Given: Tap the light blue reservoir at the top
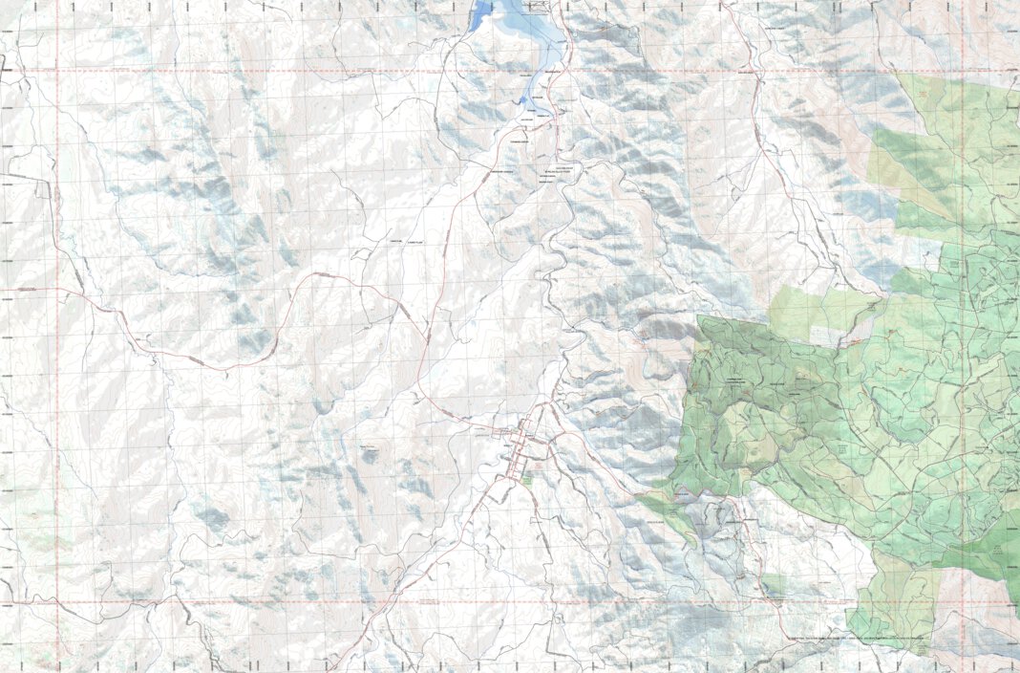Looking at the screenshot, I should click(x=521, y=33).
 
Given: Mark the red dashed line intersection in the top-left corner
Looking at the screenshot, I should click(x=56, y=71).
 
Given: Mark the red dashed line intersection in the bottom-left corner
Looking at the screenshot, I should click(x=56, y=603).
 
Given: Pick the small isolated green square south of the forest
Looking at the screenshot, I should click(x=774, y=583).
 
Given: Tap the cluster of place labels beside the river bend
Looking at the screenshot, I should click(x=559, y=177).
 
